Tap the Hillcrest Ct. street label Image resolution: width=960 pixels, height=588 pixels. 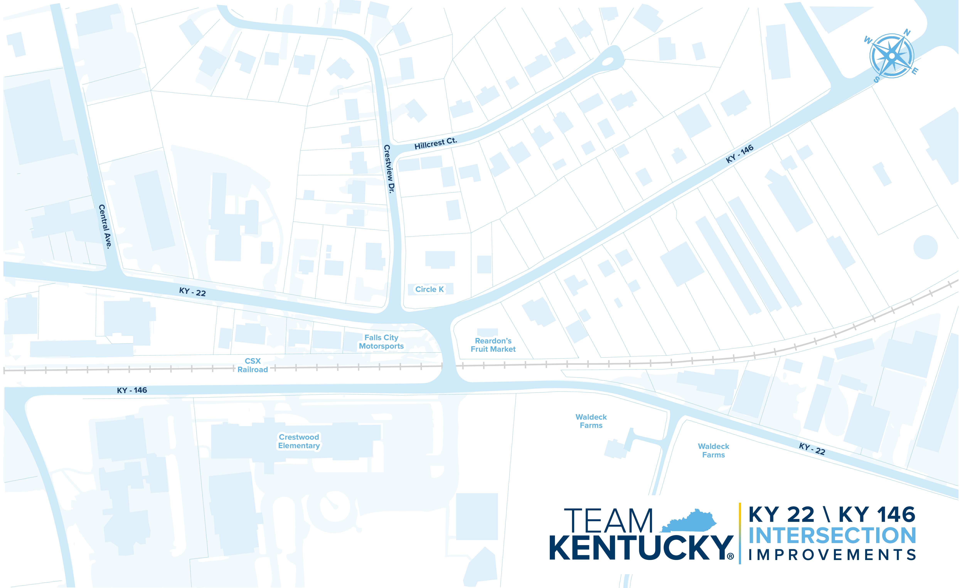(436, 143)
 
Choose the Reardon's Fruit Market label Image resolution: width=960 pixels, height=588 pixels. (493, 345)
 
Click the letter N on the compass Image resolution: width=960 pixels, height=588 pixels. (907, 33)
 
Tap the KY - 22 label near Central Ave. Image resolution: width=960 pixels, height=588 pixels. (192, 292)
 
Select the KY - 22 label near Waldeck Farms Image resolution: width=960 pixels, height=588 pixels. (812, 449)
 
